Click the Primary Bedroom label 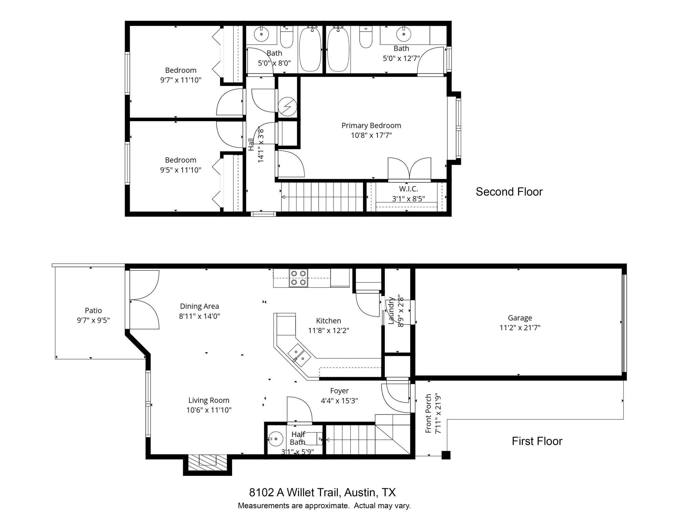(x=371, y=126)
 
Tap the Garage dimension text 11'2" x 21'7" (x=520, y=328)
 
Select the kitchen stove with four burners (x=298, y=278)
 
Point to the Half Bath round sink (x=276, y=439)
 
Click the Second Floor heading (x=509, y=192)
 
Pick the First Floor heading (x=537, y=441)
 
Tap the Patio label (x=93, y=310)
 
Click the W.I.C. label (x=408, y=189)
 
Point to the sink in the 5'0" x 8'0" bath (x=261, y=34)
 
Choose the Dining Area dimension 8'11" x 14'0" (x=199, y=316)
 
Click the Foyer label (x=339, y=391)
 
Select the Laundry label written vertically (x=391, y=310)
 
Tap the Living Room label (x=208, y=400)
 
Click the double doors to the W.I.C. (x=409, y=169)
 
